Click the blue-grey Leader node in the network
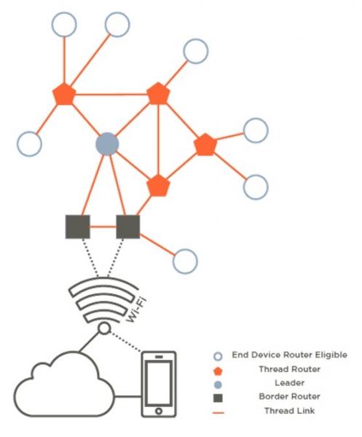tap(107, 143)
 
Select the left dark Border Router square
tap(77, 227)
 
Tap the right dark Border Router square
tap(128, 227)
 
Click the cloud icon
tap(64, 385)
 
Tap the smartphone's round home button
tap(159, 411)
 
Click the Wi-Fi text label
tap(136, 310)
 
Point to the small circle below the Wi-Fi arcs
tap(104, 329)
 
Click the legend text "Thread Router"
tap(290, 369)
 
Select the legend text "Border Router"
tap(290, 396)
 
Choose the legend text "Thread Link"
tap(290, 411)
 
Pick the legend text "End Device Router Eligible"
tap(290, 355)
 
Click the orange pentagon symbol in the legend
tap(218, 371)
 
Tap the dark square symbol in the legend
tap(218, 398)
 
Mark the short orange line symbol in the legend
tap(219, 412)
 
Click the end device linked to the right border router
tap(185, 261)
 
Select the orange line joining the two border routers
tap(103, 227)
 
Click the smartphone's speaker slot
tap(159, 357)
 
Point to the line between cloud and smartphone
tap(128, 396)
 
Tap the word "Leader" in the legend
tap(290, 383)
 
